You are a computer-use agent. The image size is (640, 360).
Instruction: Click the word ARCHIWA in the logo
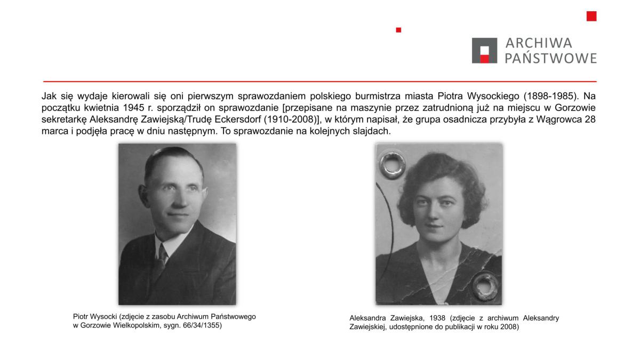(531, 43)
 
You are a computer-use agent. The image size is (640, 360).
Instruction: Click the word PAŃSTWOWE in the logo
(550, 58)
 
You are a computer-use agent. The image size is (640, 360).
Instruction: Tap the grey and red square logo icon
(484, 51)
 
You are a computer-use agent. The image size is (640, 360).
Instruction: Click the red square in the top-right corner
(591, 16)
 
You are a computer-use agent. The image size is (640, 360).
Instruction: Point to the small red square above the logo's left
(398, 30)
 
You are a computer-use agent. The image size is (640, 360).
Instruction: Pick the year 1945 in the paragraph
(122, 108)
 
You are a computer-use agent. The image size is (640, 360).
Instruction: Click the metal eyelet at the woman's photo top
(392, 165)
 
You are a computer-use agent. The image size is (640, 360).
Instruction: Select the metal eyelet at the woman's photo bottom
(485, 285)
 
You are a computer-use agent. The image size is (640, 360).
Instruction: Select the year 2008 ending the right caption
(509, 327)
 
